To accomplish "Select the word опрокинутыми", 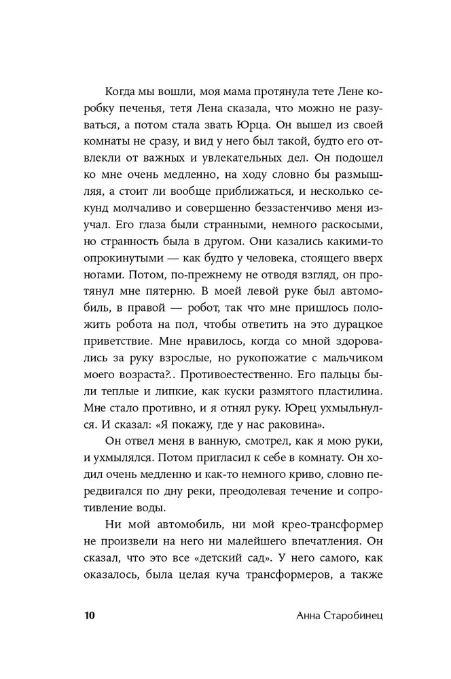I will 122,257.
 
